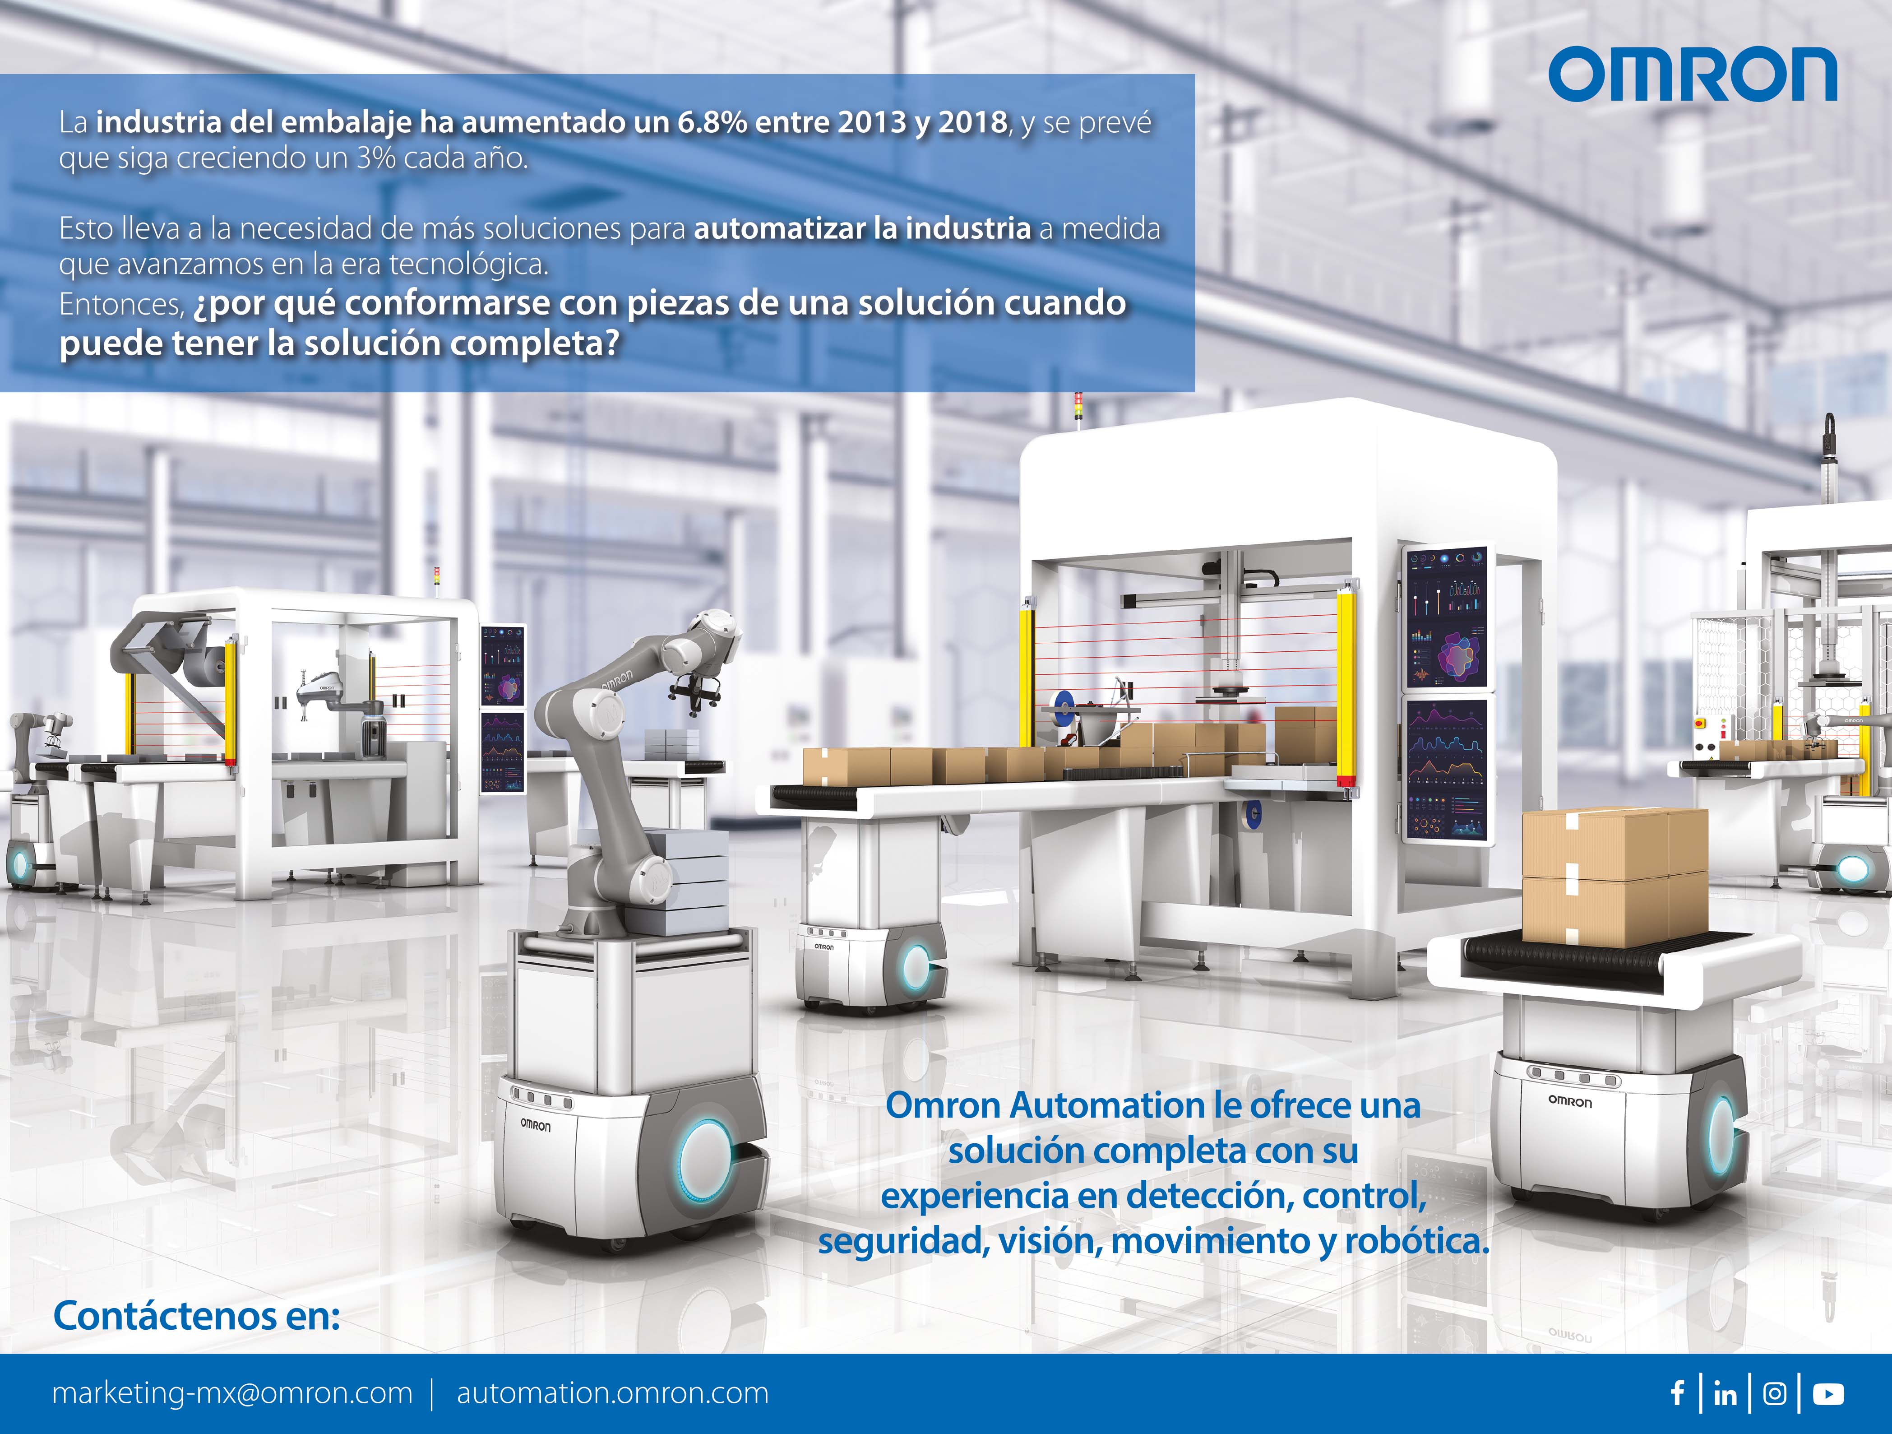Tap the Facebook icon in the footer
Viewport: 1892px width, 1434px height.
1677,1394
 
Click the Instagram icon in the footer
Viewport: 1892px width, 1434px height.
1775,1394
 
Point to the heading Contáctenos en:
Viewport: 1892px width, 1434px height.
197,1316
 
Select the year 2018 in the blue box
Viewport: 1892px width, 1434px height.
972,122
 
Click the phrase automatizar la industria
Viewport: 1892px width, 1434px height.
862,228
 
